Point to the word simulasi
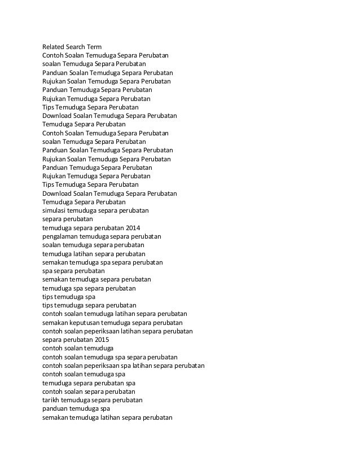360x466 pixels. pos(54,210)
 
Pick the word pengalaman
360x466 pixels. pos(60,236)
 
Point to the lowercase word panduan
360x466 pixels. pos(55,408)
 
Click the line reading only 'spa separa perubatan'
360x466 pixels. pos(73,271)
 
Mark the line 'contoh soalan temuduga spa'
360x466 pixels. pos(84,374)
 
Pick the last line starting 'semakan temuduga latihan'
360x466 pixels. pos(107,417)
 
